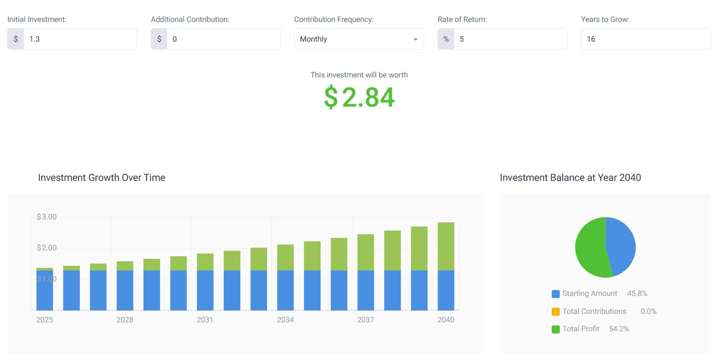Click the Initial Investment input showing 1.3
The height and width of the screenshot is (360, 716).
[x=80, y=39]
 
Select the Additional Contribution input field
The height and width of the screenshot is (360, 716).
[x=223, y=39]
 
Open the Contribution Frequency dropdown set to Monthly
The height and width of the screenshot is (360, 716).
[x=359, y=39]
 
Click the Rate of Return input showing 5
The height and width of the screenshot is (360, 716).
[x=510, y=39]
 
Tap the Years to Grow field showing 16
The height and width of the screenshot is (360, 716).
[x=645, y=39]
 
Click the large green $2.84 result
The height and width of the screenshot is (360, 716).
[x=359, y=97]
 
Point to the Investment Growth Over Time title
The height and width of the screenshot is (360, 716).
[x=102, y=178]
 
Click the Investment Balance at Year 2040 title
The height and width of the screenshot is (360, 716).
[x=570, y=178]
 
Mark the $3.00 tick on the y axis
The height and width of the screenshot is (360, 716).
[x=47, y=217]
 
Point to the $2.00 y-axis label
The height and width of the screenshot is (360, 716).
[x=47, y=248]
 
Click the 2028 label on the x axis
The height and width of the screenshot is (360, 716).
[x=125, y=320]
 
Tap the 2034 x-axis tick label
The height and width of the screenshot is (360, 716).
[x=285, y=320]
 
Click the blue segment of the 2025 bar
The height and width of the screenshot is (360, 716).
[x=45, y=291]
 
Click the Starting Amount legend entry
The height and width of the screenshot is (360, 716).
[x=590, y=293]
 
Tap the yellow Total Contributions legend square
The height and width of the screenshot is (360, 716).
[x=556, y=312]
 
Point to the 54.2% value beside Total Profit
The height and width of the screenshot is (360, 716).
[x=619, y=329]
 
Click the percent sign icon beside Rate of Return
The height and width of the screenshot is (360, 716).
[x=446, y=39]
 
